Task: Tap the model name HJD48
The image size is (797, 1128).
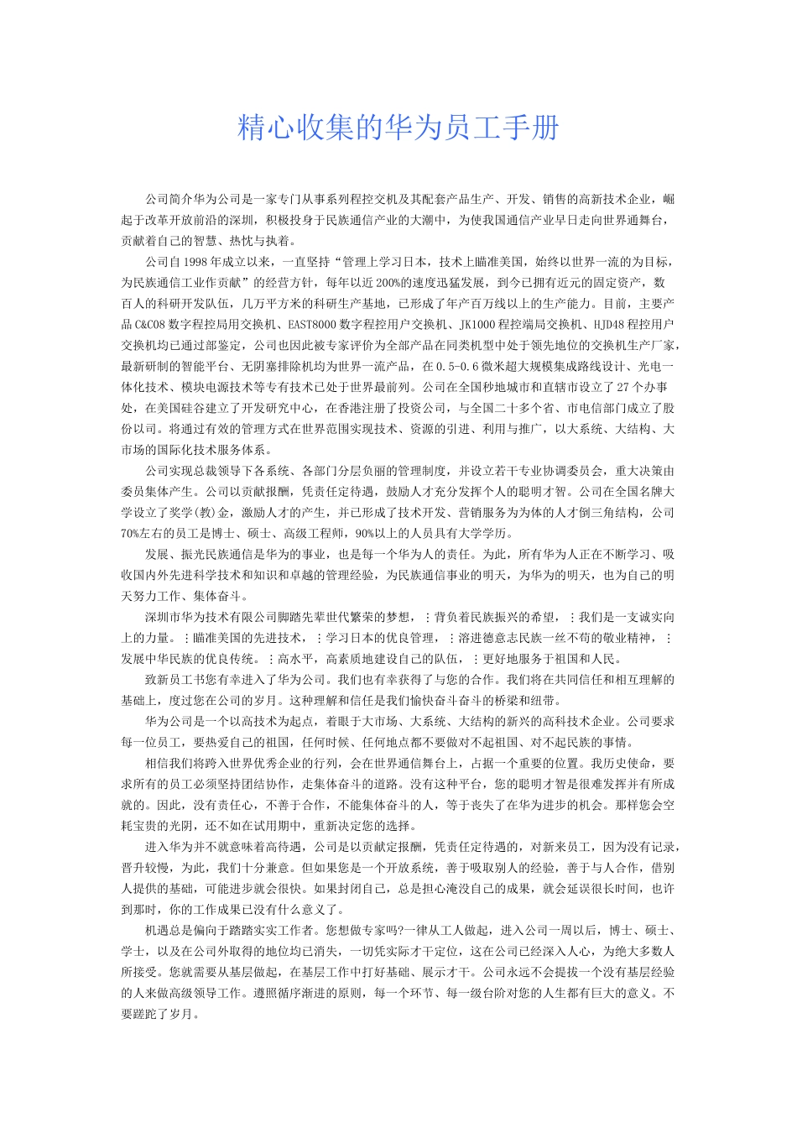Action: click(609, 325)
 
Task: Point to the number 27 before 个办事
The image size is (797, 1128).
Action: click(622, 388)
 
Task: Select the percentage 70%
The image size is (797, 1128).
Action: click(130, 534)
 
